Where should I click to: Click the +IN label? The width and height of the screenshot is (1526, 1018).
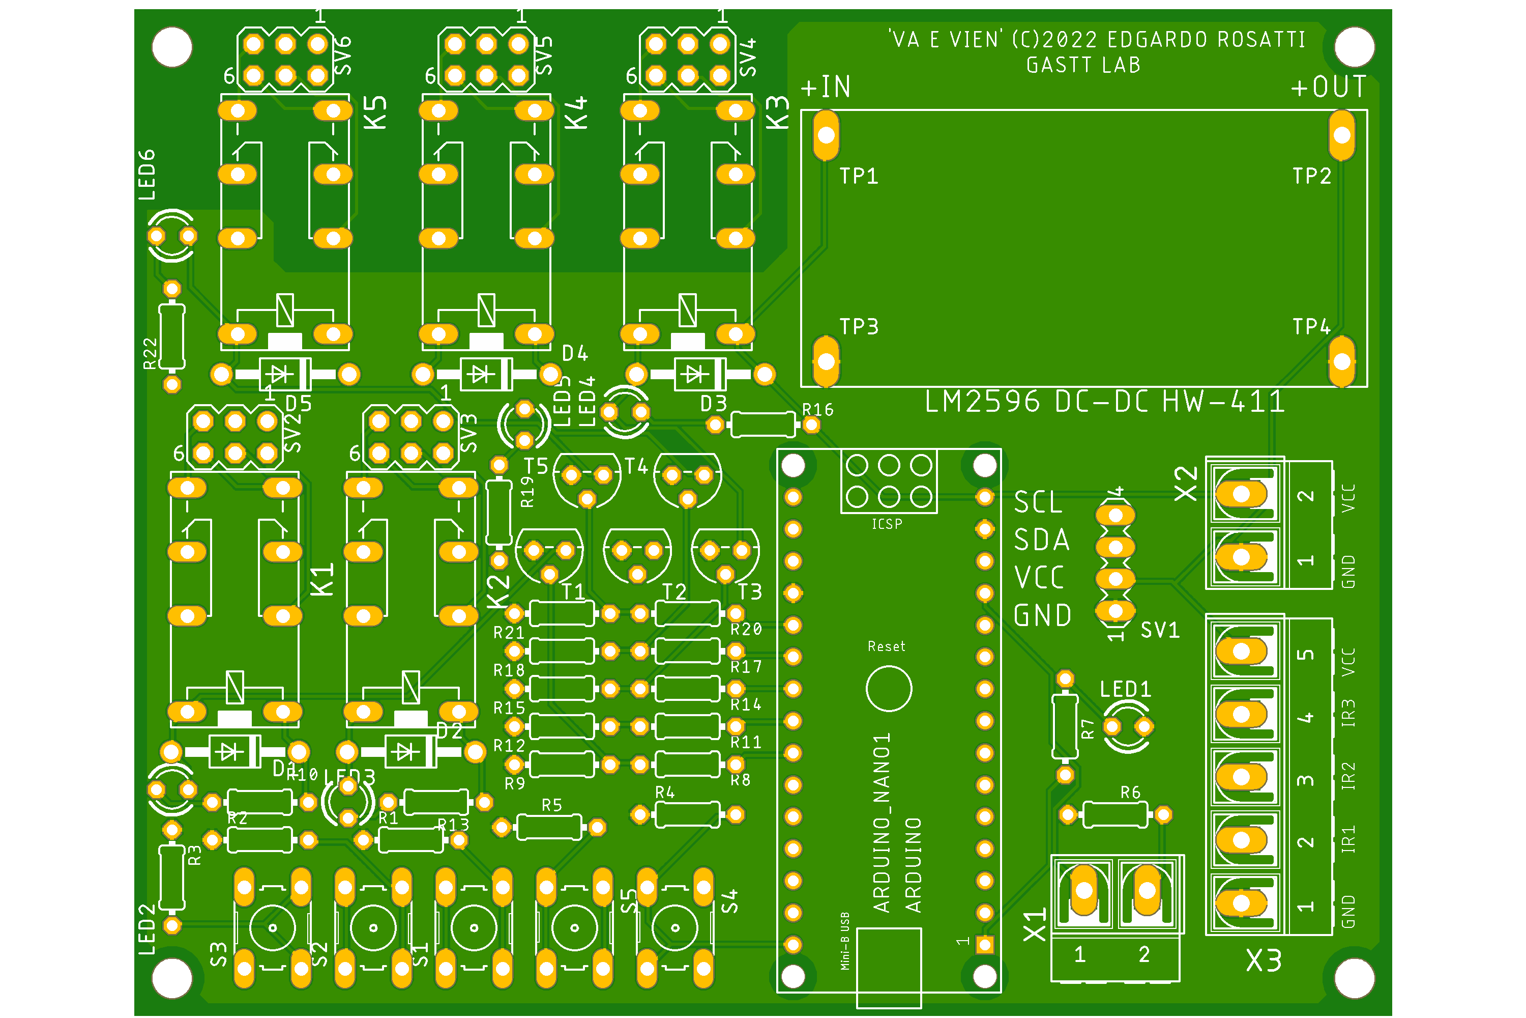pyautogui.click(x=825, y=87)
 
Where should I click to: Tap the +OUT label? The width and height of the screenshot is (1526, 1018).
pyautogui.click(x=1329, y=87)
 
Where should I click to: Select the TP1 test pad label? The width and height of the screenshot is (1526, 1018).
pyautogui.click(x=859, y=176)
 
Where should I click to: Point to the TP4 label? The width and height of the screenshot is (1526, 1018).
pyautogui.click(x=1311, y=327)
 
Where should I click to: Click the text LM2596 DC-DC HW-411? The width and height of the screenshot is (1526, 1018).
pyautogui.click(x=1104, y=402)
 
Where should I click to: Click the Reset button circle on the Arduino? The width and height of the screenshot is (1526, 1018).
pyautogui.click(x=889, y=688)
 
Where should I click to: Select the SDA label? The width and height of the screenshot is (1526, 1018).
pyautogui.click(x=1041, y=540)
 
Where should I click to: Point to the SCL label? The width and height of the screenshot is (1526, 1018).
pyautogui.click(x=1038, y=502)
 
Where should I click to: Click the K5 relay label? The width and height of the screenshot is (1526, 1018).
pyautogui.click(x=375, y=112)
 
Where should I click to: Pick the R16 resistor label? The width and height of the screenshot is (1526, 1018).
pyautogui.click(x=817, y=410)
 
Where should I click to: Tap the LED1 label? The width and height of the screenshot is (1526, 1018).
pyautogui.click(x=1126, y=689)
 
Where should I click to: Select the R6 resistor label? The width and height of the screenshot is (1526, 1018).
pyautogui.click(x=1130, y=792)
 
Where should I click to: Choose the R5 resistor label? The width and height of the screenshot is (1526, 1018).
pyautogui.click(x=551, y=805)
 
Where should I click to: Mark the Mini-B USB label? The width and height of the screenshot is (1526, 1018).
pyautogui.click(x=845, y=941)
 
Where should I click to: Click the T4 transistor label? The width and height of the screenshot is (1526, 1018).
pyautogui.click(x=636, y=466)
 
